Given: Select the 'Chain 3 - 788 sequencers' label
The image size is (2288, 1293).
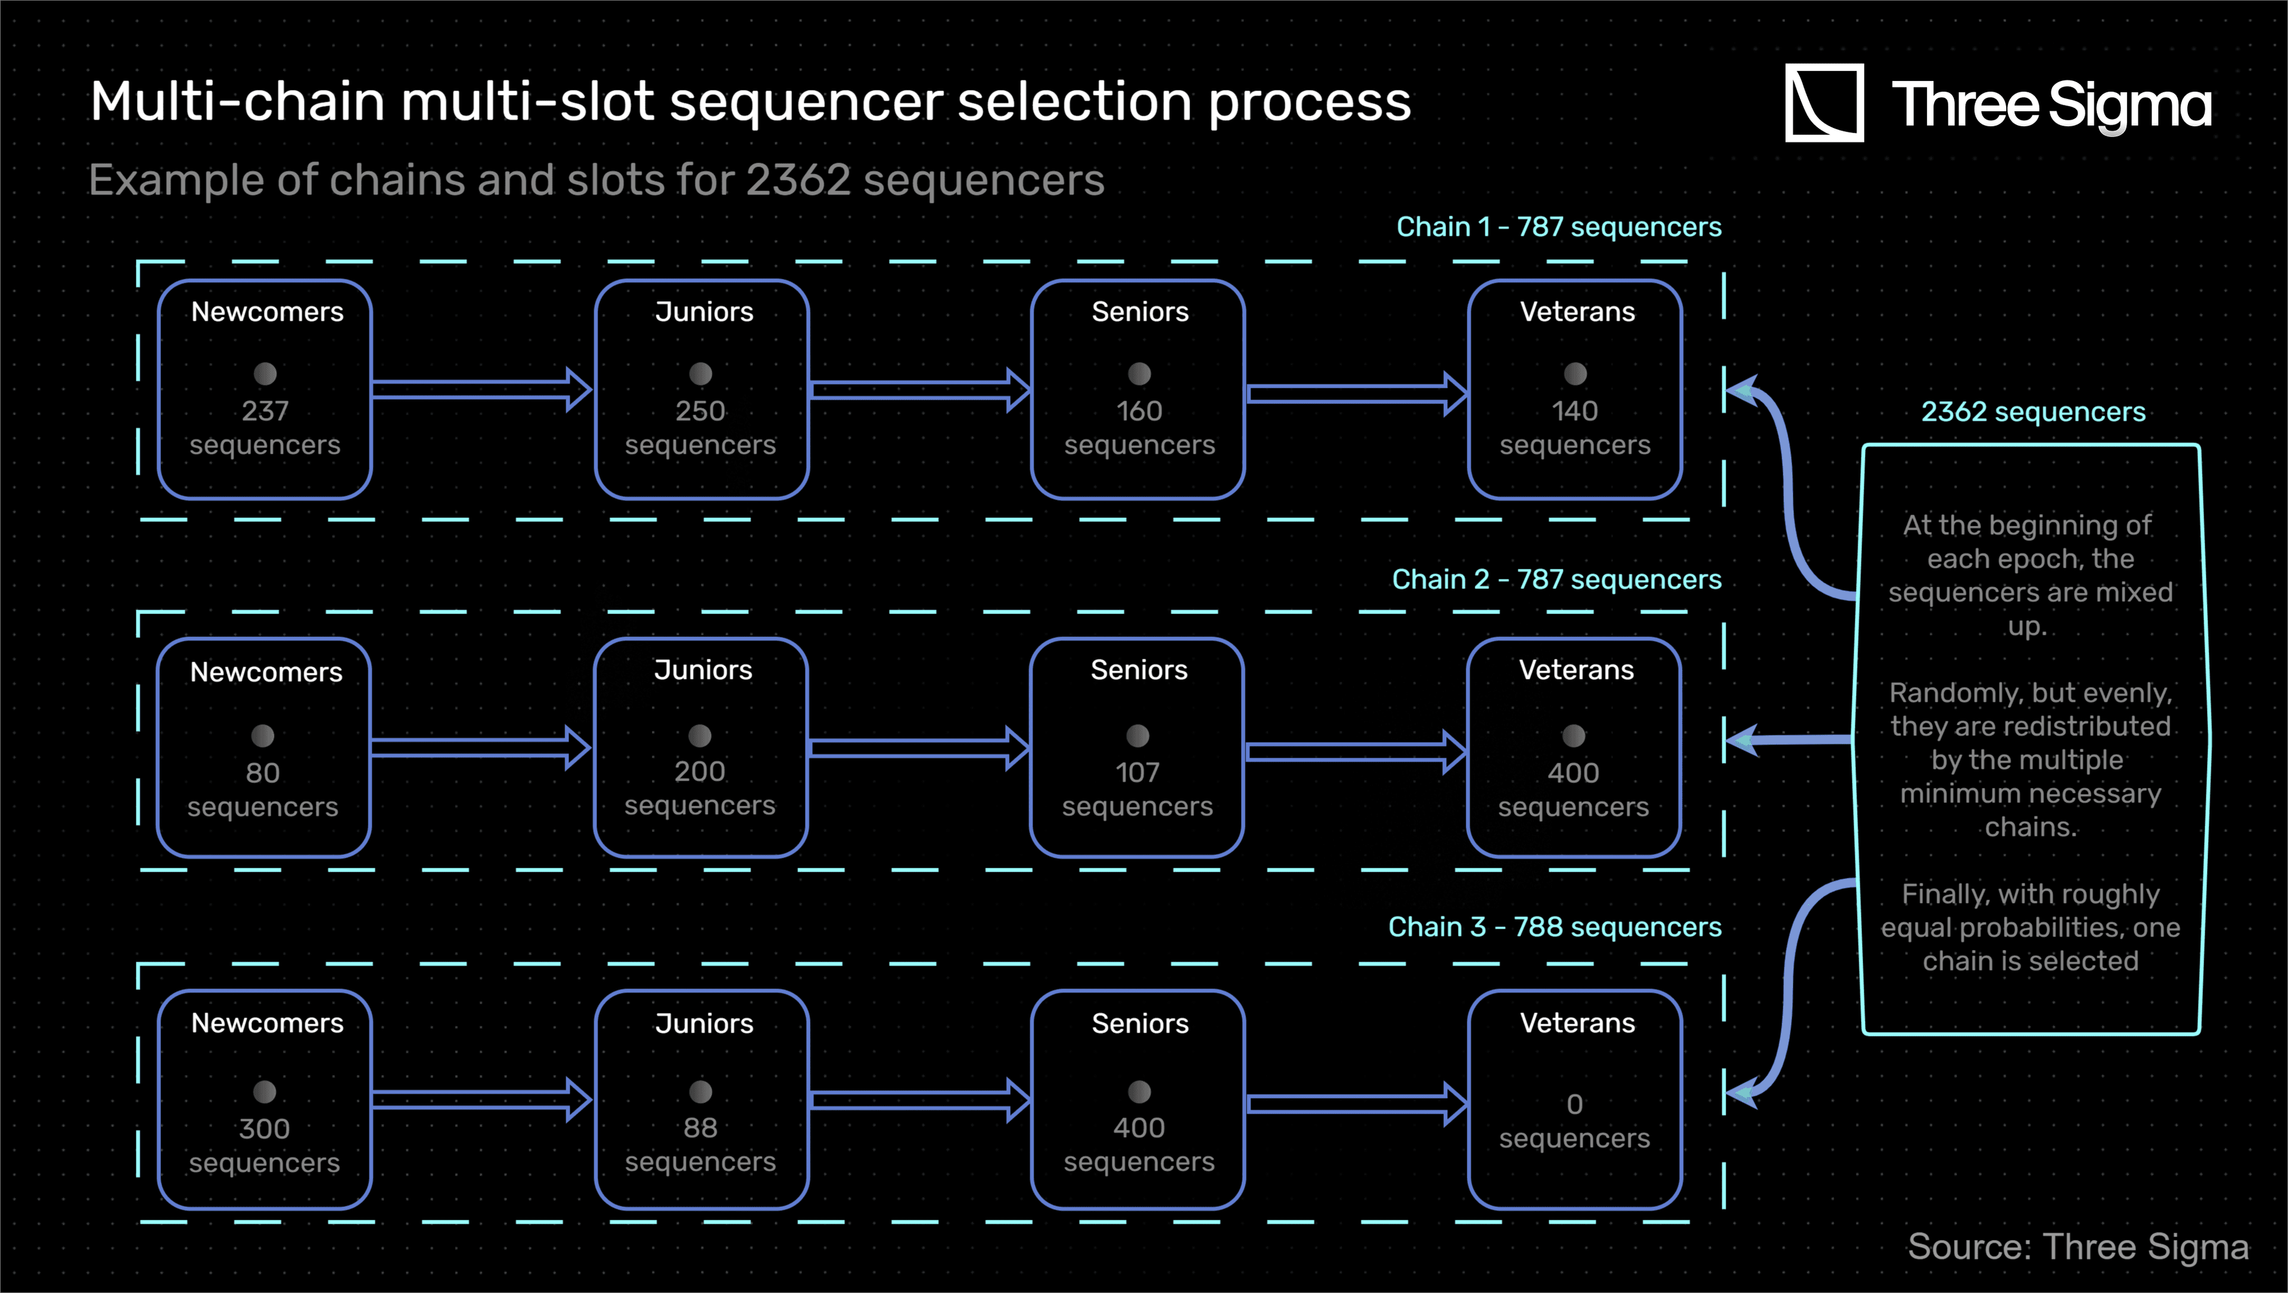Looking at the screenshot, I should pos(1555,927).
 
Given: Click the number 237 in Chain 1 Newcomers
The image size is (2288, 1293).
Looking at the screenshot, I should pos(265,411).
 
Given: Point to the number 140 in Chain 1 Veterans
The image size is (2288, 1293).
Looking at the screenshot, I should pos(1575,411).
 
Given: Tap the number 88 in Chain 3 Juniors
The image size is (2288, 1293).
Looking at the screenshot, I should pos(700,1128).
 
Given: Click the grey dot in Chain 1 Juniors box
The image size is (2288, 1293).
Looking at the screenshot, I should pos(701,374).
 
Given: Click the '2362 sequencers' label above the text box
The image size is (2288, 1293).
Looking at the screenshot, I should pos(2033,412).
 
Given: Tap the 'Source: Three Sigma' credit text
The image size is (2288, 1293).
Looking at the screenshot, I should pos(2078,1247).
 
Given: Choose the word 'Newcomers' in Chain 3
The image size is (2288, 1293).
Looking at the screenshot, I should pos(268,1023).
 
